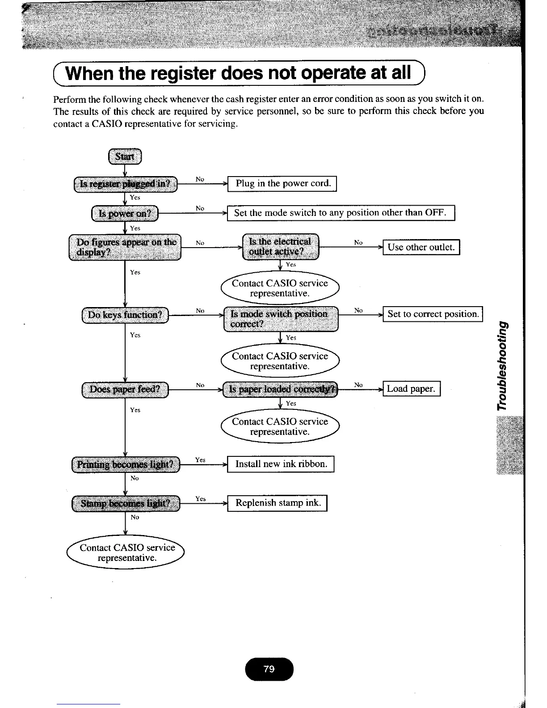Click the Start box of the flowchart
[125, 156]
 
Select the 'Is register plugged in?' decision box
[125, 184]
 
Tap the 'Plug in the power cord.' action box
[282, 184]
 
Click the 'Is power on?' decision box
[125, 213]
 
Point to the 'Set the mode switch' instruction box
[341, 213]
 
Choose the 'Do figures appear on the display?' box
[125, 247]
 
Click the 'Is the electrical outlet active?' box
[280, 247]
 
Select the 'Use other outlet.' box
[421, 247]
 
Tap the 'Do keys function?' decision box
[125, 315]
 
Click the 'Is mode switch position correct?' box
[281, 319]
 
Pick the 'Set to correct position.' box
[433, 314]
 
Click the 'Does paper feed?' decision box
[125, 389]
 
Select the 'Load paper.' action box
[411, 389]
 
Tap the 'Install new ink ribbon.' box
[281, 464]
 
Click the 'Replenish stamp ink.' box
[278, 503]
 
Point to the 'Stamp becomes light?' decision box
[125, 504]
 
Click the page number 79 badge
[269, 669]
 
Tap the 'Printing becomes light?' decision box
[125, 464]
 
